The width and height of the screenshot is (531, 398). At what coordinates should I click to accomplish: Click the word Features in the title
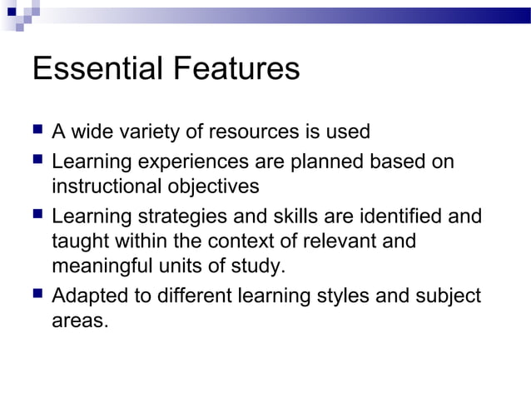click(x=237, y=68)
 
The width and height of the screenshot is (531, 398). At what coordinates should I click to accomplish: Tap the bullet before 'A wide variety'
click(x=37, y=131)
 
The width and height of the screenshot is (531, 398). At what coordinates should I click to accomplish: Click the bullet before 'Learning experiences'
click(x=37, y=161)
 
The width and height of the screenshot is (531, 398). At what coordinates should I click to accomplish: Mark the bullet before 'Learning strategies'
click(x=37, y=216)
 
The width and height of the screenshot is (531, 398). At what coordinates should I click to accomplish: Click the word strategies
click(x=171, y=217)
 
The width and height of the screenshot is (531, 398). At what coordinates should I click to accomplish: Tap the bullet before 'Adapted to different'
click(x=37, y=294)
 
